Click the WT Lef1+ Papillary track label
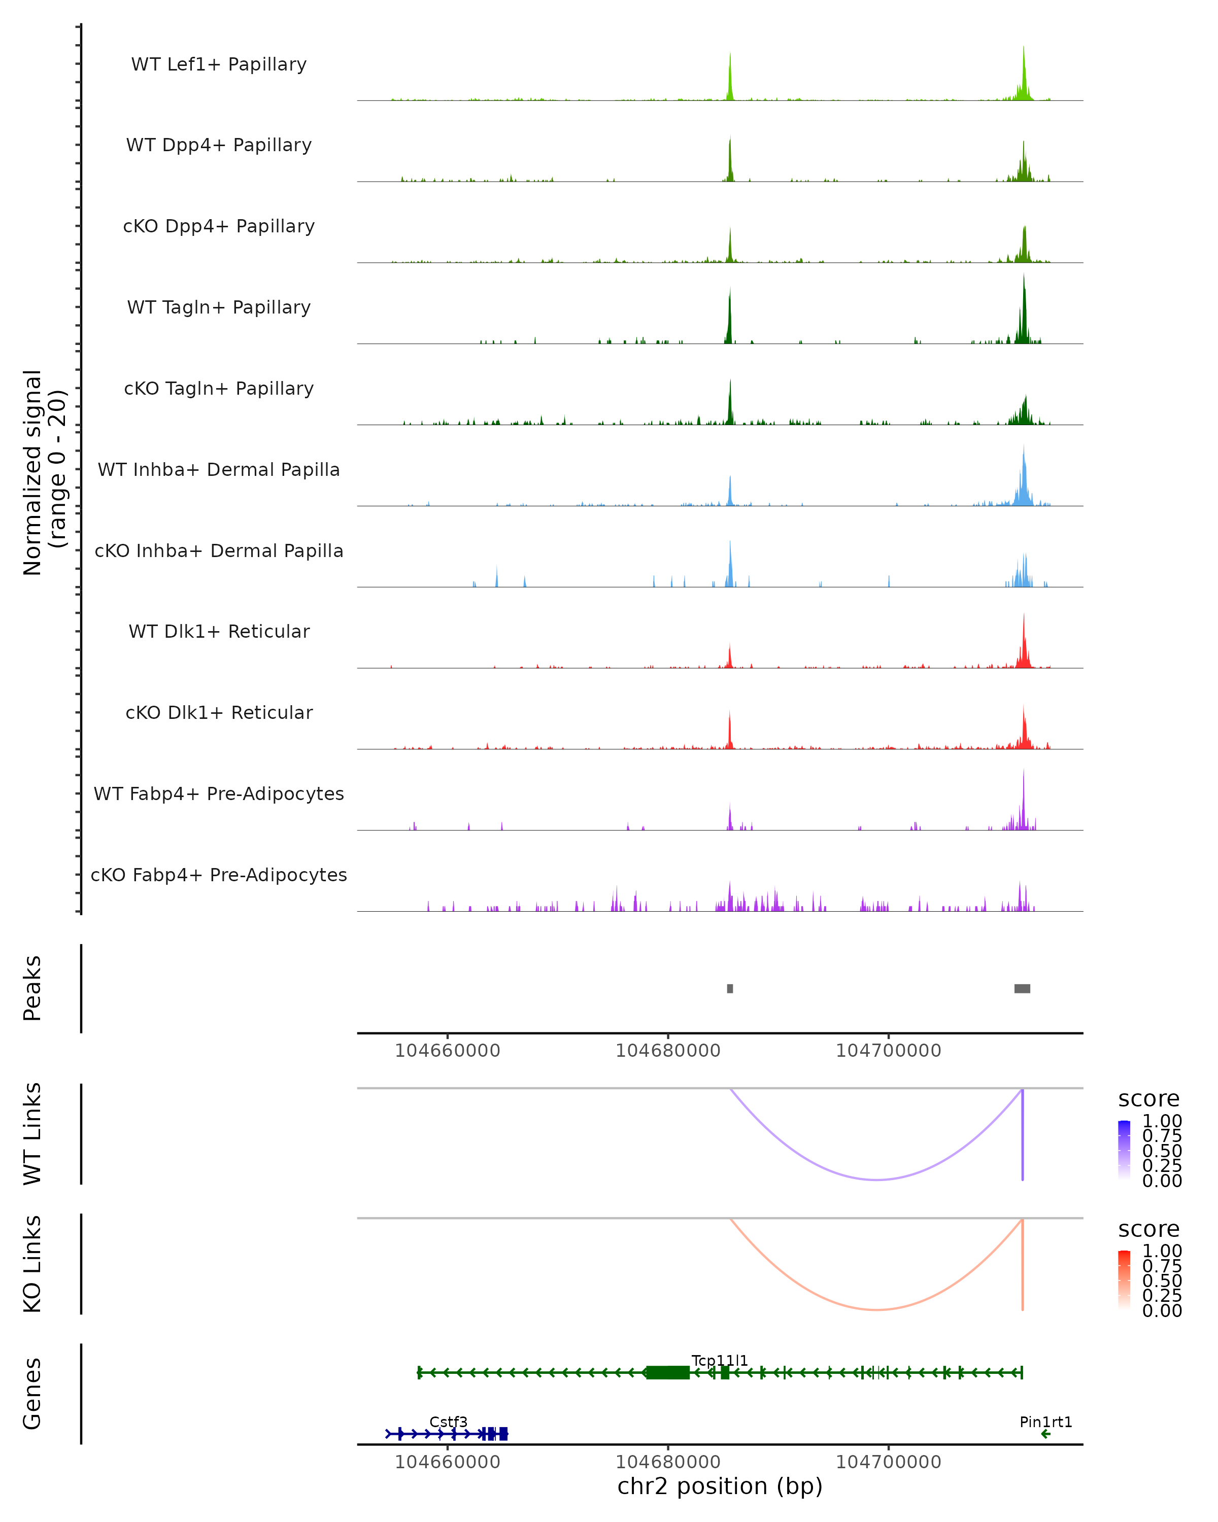point(219,64)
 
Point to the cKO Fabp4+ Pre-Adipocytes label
point(219,875)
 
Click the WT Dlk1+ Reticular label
point(219,631)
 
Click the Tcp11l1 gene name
point(720,1360)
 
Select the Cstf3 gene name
point(448,1422)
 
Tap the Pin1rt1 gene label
point(1046,1422)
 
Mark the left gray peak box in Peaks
point(730,988)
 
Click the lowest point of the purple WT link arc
point(876,1180)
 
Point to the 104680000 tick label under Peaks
point(668,1051)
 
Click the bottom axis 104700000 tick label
point(888,1461)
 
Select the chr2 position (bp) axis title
point(720,1486)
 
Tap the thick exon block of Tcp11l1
point(668,1372)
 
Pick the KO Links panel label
point(32,1264)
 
